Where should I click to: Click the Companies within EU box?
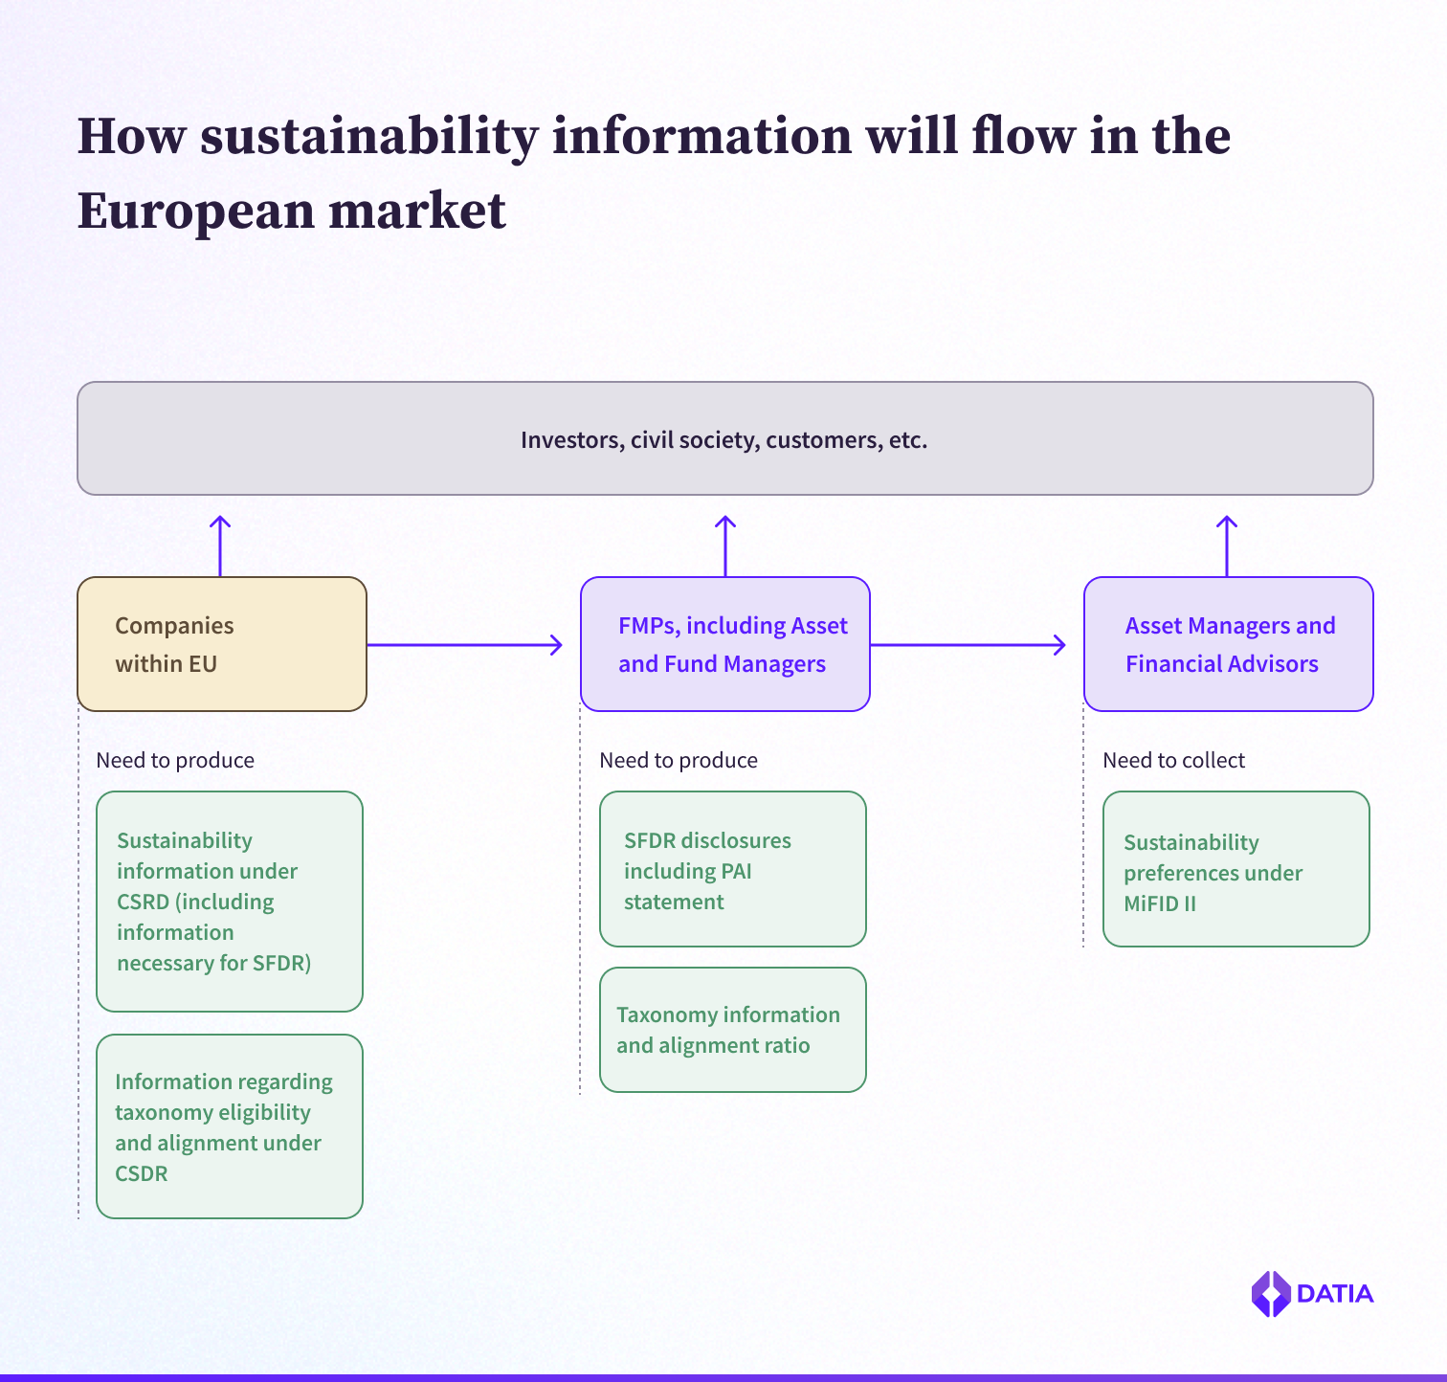click(221, 644)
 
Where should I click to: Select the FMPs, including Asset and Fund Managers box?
click(724, 644)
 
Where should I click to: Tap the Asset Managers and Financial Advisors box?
click(1228, 644)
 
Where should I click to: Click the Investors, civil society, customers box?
click(724, 439)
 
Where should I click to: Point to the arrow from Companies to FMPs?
click(465, 645)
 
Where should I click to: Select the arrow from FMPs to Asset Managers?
click(968, 645)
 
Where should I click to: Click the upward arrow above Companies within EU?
click(220, 546)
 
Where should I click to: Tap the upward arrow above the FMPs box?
click(725, 546)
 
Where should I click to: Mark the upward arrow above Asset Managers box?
click(1227, 546)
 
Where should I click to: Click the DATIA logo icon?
click(1271, 1294)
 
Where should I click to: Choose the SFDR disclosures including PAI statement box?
click(732, 869)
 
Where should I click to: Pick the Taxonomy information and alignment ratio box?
click(732, 1030)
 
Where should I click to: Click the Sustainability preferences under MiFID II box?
click(1236, 869)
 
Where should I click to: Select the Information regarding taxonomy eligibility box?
click(230, 1126)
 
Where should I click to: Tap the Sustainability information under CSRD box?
click(230, 902)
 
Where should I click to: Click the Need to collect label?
click(1173, 761)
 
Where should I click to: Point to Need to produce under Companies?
click(175, 761)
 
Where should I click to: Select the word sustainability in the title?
click(369, 137)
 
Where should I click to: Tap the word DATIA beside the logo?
click(1335, 1294)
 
